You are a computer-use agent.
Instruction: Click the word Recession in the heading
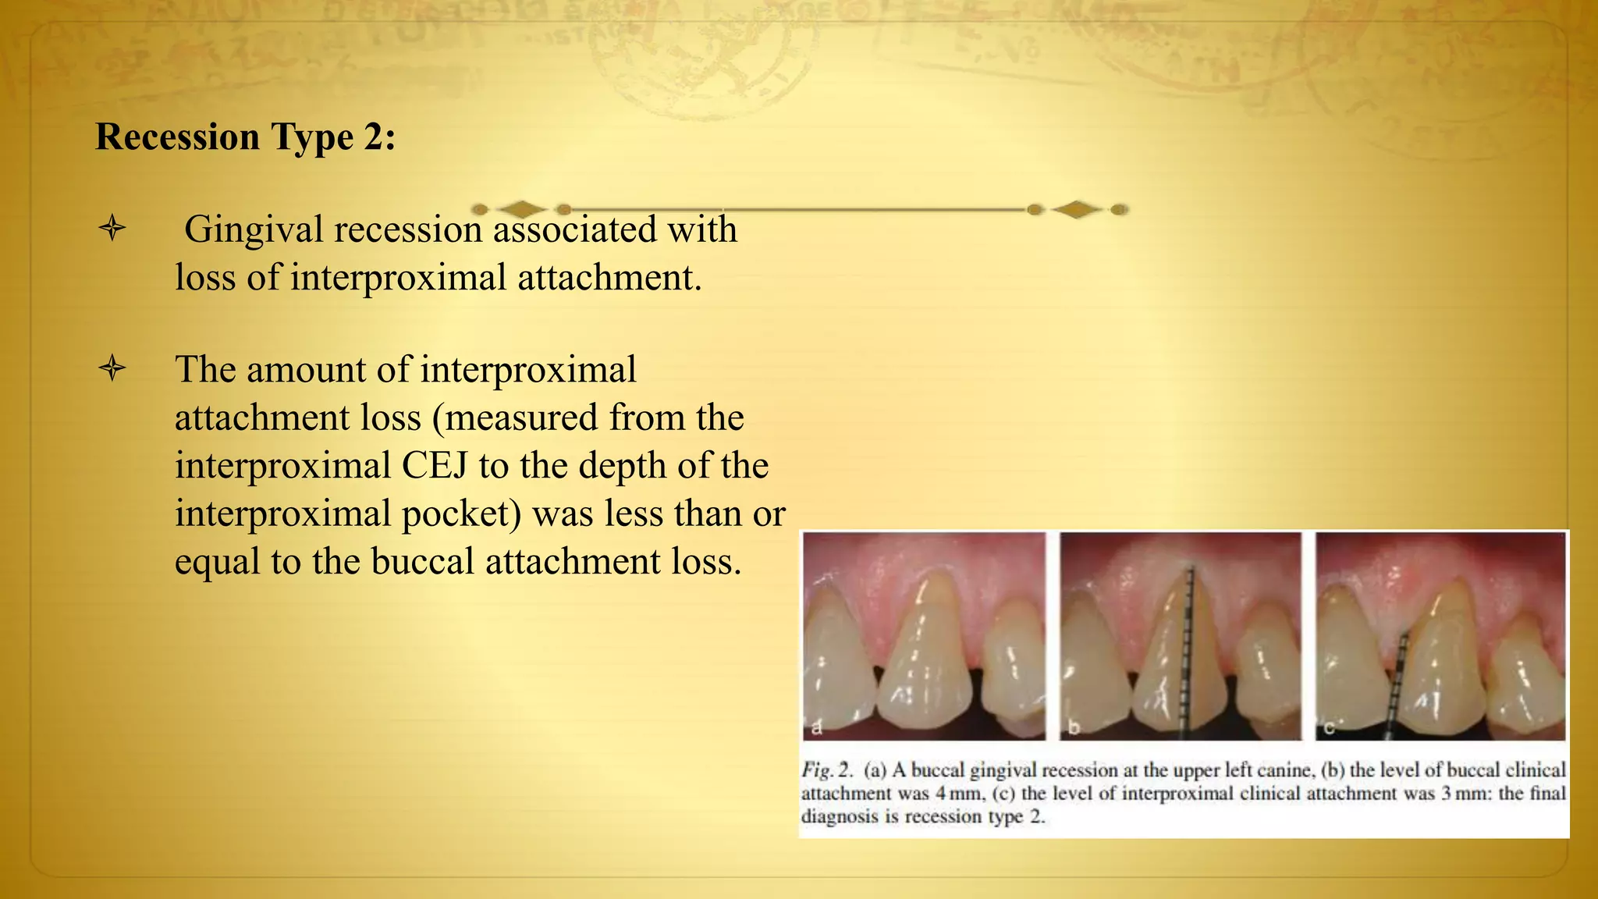click(177, 137)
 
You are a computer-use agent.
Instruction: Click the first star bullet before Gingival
click(113, 229)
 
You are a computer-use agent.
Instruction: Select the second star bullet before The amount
click(113, 368)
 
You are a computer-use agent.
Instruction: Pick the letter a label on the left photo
click(817, 728)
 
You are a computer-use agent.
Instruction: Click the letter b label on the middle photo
click(1074, 728)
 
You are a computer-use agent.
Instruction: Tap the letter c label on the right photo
click(1329, 728)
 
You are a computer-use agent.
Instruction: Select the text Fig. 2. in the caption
click(828, 770)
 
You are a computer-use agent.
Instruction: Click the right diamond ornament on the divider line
click(1077, 209)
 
